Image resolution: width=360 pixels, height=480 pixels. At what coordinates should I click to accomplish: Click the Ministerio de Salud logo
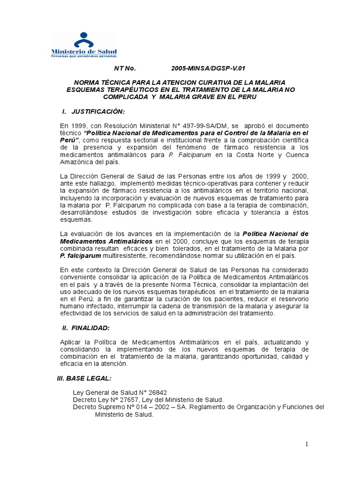pyautogui.click(x=84, y=45)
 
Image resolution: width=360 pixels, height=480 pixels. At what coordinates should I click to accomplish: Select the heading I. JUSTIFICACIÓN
pyautogui.click(x=94, y=111)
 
